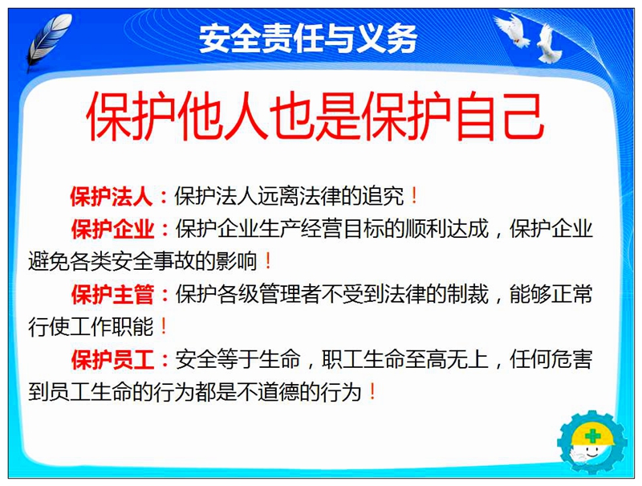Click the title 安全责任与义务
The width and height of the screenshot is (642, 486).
308,39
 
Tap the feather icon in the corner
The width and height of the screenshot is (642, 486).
48,41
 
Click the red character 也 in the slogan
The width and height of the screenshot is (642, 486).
292,116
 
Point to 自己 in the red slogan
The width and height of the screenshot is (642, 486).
499,116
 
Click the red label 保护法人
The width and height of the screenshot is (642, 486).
111,196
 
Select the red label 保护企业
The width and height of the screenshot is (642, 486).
112,229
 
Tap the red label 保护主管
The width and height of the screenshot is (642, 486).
112,294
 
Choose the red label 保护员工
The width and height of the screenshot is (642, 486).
112,359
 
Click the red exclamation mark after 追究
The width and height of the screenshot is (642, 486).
414,195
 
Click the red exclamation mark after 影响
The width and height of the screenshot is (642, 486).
268,261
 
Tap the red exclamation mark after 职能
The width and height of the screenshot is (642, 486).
164,326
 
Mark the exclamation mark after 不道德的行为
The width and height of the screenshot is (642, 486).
372,392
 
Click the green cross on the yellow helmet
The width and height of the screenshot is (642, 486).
591,435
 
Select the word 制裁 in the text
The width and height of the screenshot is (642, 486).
468,294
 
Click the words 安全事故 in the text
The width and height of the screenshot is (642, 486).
153,261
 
